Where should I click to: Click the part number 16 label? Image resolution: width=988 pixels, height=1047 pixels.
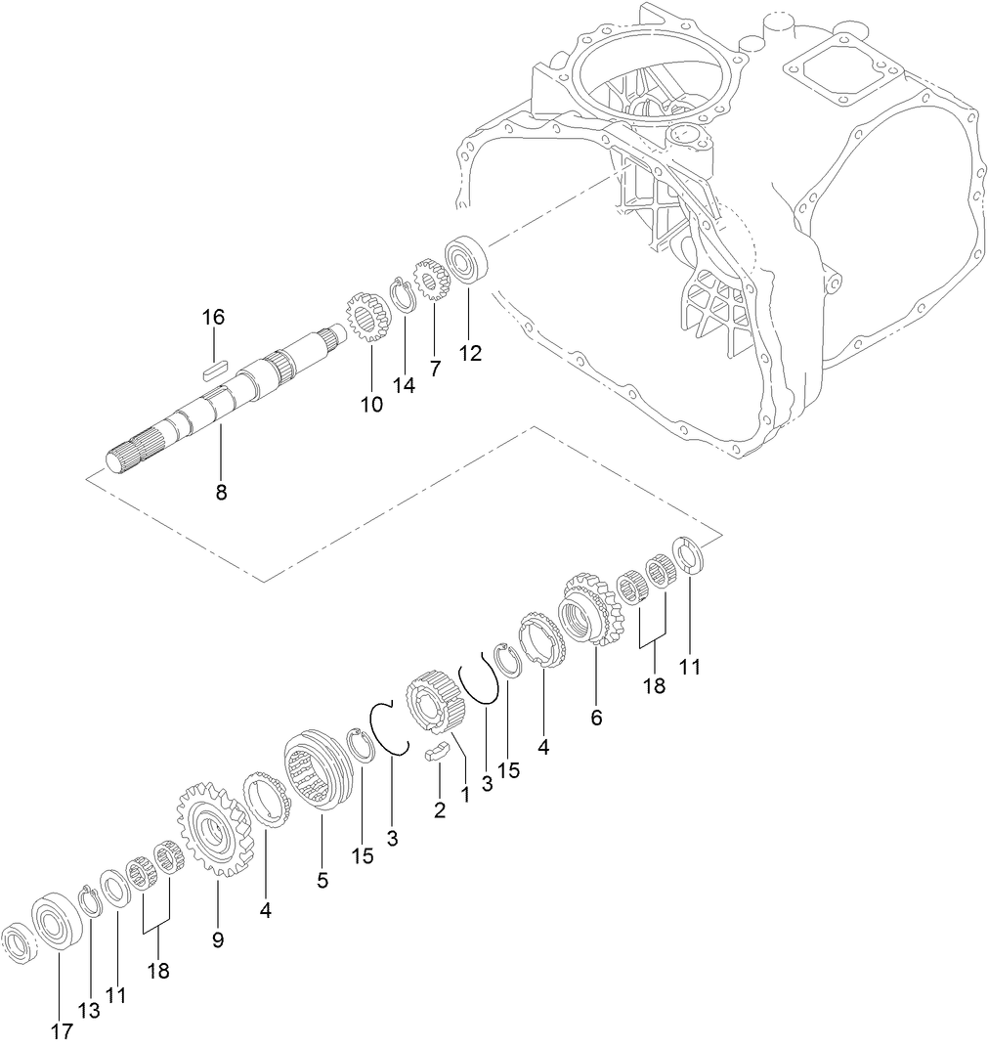pos(213,317)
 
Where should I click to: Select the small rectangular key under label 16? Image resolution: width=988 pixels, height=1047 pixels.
pos(214,369)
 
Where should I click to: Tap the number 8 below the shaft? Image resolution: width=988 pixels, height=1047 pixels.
pos(221,493)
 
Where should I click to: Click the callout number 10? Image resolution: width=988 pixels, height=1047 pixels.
pos(371,404)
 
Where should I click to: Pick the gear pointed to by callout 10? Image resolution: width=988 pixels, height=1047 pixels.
pos(367,319)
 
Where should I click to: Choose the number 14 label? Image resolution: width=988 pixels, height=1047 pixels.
pos(404,385)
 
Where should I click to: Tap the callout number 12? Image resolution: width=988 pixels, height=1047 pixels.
pos(470,354)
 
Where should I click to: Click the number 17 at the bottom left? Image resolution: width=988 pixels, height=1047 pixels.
pos(62,1030)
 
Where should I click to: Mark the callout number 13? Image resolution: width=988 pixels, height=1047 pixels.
pos(89,1011)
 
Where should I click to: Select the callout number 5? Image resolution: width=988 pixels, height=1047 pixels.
pos(322,879)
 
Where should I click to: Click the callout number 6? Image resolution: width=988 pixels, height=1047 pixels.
pos(596,717)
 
